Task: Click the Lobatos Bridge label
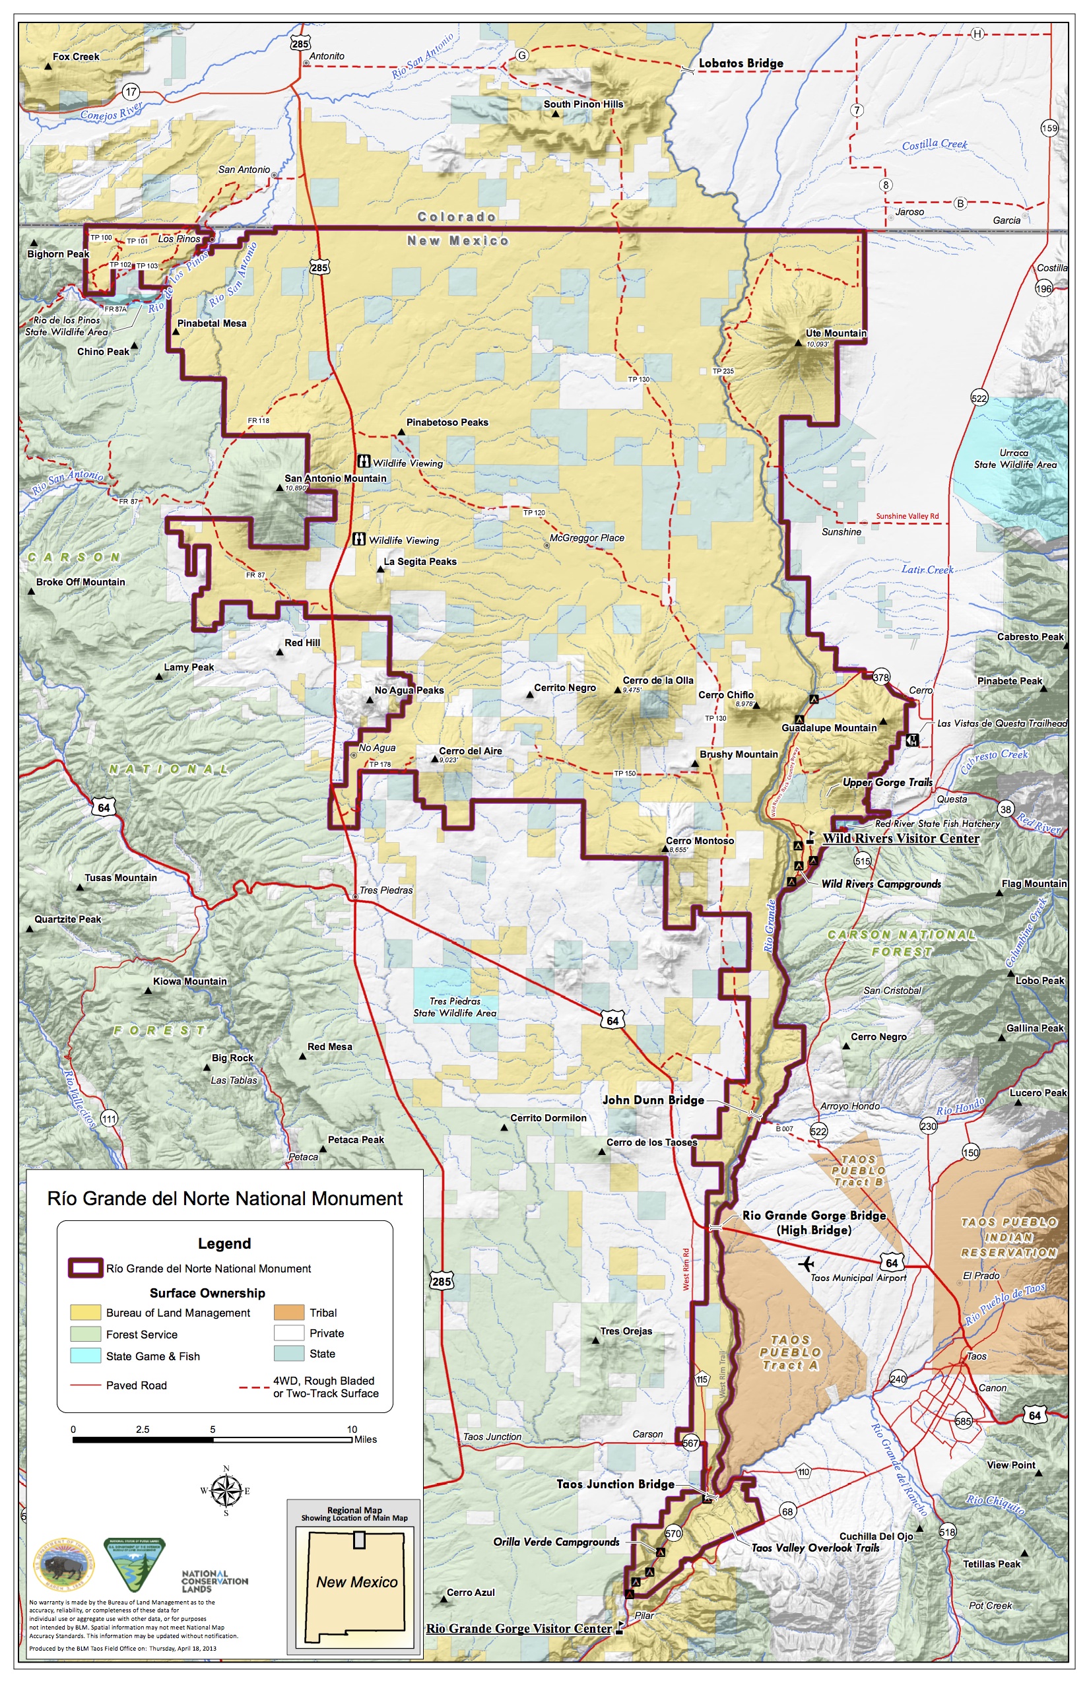click(741, 63)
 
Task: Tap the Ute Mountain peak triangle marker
click(799, 344)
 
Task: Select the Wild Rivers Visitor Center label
click(900, 839)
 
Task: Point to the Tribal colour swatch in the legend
click(288, 1313)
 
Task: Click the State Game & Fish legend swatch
click(85, 1356)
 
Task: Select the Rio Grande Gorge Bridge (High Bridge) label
click(813, 1222)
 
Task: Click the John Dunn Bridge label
click(653, 1100)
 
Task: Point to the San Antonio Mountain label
click(335, 478)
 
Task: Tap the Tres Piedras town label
click(385, 890)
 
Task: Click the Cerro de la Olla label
click(657, 680)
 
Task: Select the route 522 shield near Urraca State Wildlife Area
click(979, 398)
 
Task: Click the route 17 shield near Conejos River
click(131, 91)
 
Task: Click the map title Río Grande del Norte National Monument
click(225, 1198)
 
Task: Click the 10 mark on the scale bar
click(352, 1429)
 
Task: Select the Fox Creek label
click(76, 57)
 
